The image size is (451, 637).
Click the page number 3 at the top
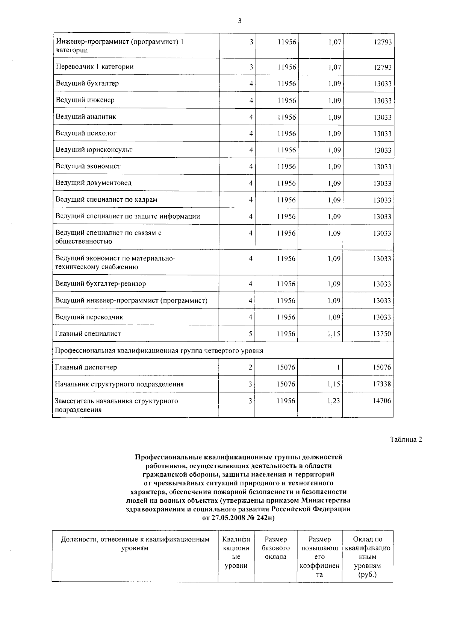click(239, 21)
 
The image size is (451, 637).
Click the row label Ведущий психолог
click(86, 133)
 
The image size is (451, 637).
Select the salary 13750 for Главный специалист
click(382, 334)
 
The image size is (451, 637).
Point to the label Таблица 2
click(406, 439)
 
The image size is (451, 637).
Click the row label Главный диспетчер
click(86, 367)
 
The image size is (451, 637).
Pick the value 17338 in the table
click(382, 384)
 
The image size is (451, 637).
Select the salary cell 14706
click(382, 401)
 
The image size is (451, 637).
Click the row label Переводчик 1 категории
click(95, 67)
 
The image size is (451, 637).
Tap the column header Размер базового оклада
click(275, 548)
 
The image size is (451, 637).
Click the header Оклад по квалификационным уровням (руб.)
click(368, 557)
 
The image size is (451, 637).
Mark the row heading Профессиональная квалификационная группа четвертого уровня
click(159, 351)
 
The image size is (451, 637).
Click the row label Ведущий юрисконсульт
click(94, 150)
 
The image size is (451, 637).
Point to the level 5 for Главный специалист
click(250, 334)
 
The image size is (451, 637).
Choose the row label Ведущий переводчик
click(89, 317)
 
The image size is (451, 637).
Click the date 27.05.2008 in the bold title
click(227, 518)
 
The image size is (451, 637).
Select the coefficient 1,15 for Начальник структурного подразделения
click(333, 384)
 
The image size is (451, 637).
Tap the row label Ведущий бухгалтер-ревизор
click(100, 284)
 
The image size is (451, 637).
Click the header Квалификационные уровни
click(236, 552)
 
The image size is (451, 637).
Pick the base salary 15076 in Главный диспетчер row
click(286, 367)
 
